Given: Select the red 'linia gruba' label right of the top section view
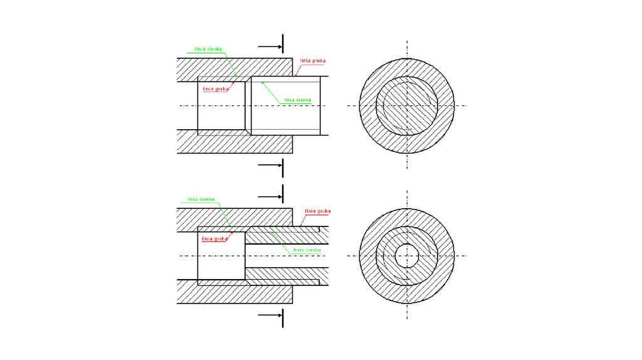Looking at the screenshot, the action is click(313, 61).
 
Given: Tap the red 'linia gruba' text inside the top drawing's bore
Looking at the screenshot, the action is click(215, 89).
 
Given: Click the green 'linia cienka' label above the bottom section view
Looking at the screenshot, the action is click(201, 199).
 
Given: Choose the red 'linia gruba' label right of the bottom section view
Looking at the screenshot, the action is click(317, 211).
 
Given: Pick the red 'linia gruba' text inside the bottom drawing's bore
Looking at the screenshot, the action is click(214, 239).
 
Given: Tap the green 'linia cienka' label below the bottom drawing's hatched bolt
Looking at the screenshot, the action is click(307, 250).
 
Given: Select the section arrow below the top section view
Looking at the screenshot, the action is click(270, 166).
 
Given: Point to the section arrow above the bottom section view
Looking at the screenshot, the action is click(270, 195).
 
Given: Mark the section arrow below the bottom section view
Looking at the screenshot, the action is click(270, 315).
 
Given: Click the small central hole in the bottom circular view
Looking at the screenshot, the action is click(406, 255).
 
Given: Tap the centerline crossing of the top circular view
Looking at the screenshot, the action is click(406, 105).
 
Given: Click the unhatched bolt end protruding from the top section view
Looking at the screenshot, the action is click(307, 105).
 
